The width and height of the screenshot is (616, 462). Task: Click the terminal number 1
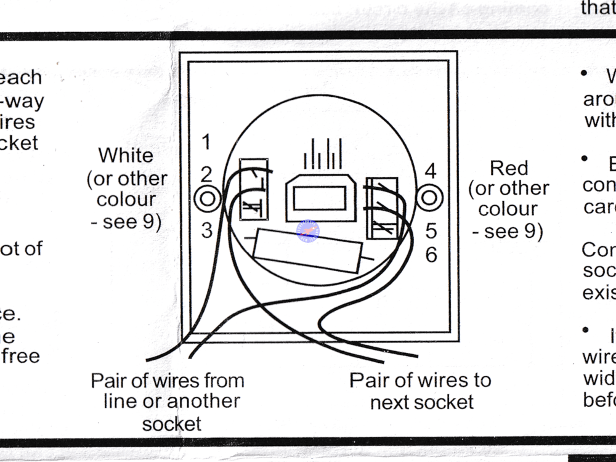point(206,142)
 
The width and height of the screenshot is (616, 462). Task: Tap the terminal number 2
point(207,173)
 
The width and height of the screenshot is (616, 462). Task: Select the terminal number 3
point(207,230)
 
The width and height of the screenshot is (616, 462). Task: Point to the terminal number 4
point(431,171)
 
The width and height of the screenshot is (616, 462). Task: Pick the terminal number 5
point(431,231)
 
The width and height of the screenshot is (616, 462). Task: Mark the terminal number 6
point(431,254)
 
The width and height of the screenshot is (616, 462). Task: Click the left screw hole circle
point(207,198)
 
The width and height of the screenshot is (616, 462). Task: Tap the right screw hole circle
point(429,198)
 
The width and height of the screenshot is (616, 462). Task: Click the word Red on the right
point(509,168)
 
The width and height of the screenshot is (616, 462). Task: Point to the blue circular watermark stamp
point(308,231)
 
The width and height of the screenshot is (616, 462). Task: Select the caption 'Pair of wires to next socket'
point(421,391)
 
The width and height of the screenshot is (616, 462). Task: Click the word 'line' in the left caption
point(120,401)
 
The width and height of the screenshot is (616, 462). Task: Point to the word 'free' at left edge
point(20,356)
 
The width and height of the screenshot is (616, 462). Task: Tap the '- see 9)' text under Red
point(508,231)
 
